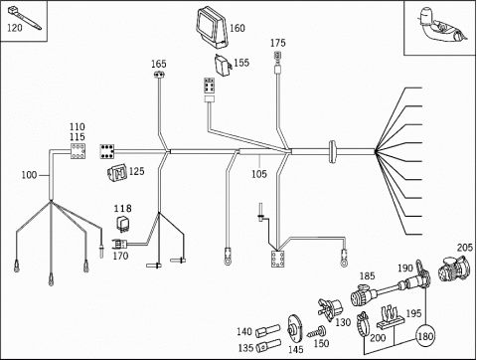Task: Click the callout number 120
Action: pyautogui.click(x=15, y=28)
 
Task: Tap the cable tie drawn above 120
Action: pyautogui.click(x=24, y=18)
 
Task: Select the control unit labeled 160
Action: pyautogui.click(x=212, y=28)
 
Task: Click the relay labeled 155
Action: pyautogui.click(x=223, y=66)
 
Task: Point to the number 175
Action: pyautogui.click(x=277, y=43)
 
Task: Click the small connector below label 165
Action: pyautogui.click(x=160, y=75)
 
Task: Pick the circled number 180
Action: pyautogui.click(x=425, y=337)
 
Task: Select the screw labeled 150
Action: pyautogui.click(x=317, y=331)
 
